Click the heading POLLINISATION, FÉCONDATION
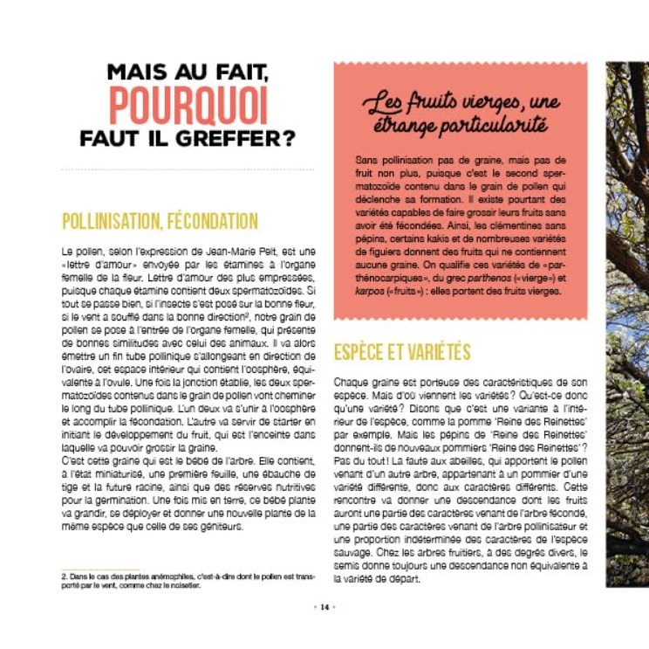click(x=160, y=220)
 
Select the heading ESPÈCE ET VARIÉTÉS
click(x=402, y=352)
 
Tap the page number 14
click(x=324, y=606)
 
